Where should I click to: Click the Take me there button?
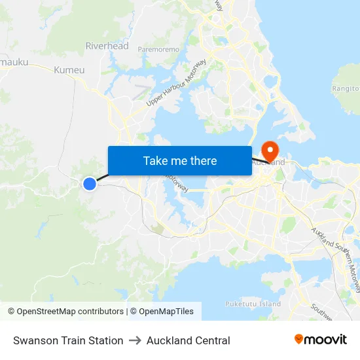(180, 161)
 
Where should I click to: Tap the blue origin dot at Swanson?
(90, 184)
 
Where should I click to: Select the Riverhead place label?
(107, 46)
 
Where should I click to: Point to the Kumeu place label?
(69, 70)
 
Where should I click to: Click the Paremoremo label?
(158, 49)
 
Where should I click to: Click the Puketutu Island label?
(253, 304)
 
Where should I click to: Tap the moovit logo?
(321, 340)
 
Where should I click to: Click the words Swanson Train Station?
(68, 340)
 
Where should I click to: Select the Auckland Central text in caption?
(189, 340)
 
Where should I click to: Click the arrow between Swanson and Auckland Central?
(135, 340)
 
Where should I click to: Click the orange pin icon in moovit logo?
(299, 339)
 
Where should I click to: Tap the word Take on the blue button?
(155, 161)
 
